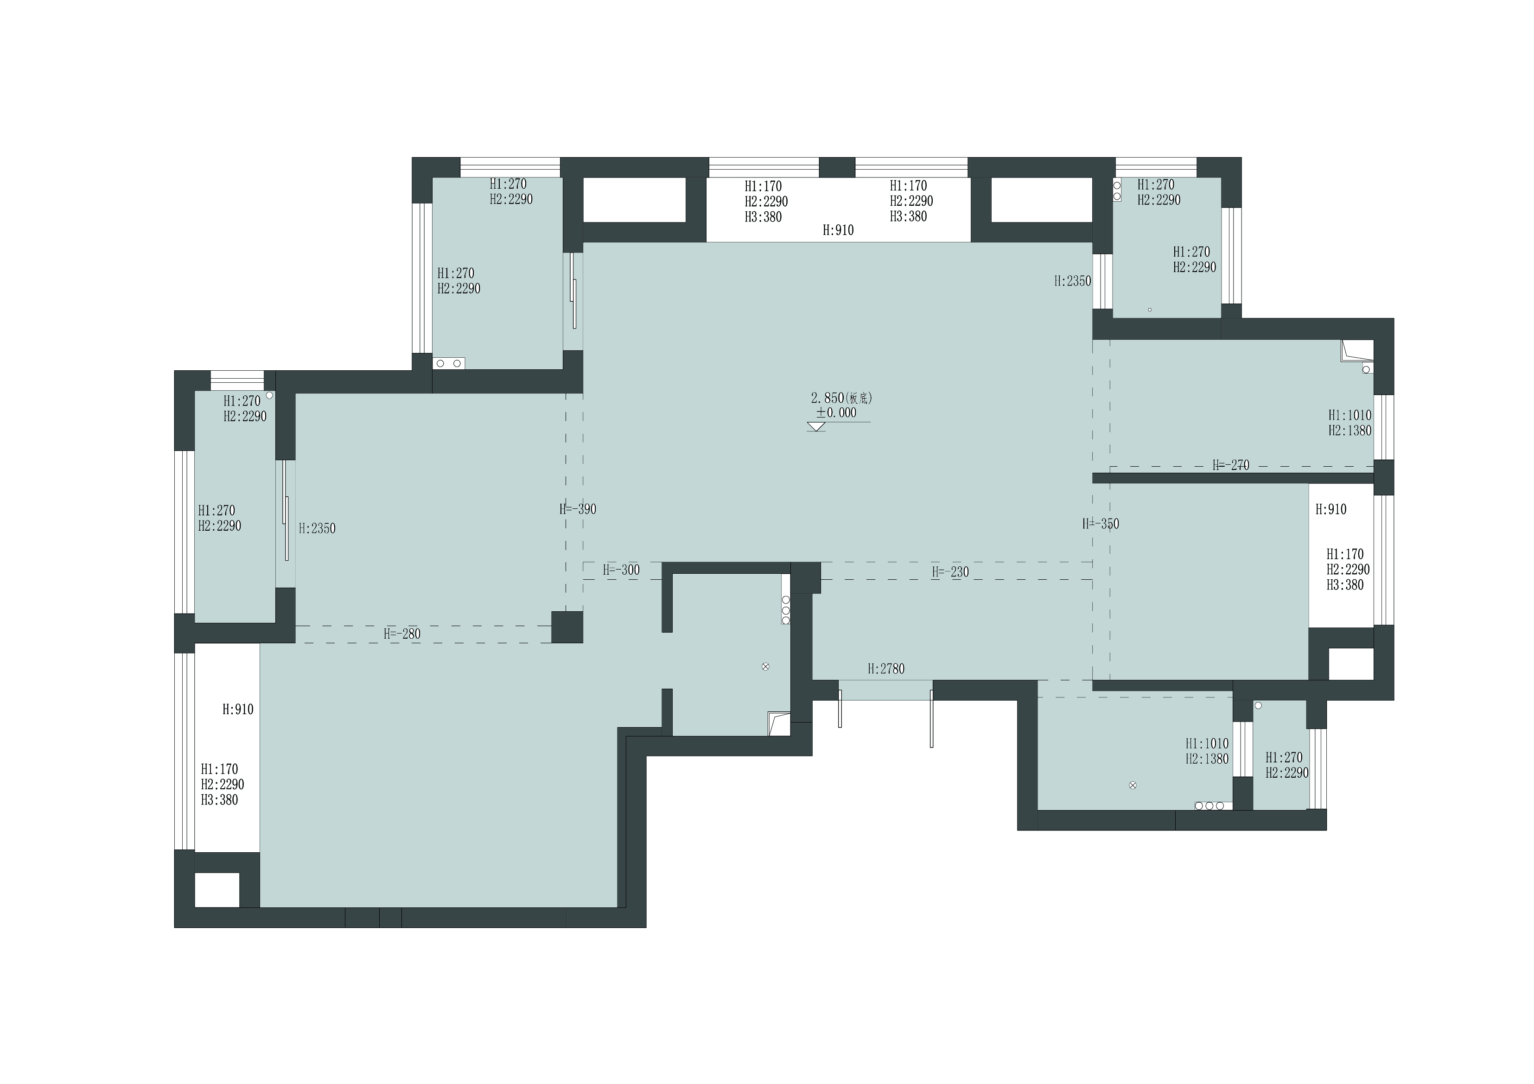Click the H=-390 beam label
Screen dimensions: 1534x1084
[578, 509]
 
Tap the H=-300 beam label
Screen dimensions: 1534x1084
[621, 570]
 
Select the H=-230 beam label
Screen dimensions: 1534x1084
[950, 572]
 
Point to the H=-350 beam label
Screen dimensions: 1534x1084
[1101, 524]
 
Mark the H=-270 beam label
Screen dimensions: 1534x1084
[1231, 465]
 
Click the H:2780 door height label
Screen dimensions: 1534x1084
[886, 669]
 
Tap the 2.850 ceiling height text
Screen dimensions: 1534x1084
[828, 398]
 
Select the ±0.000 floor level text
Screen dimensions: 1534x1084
[836, 413]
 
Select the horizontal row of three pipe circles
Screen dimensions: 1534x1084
[1209, 805]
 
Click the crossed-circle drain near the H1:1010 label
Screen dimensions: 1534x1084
[1133, 786]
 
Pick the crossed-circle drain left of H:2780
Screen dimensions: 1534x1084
[766, 666]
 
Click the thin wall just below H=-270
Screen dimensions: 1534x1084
[1233, 478]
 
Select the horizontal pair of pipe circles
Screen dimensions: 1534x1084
[448, 363]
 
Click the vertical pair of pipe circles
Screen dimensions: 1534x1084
[1116, 190]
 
